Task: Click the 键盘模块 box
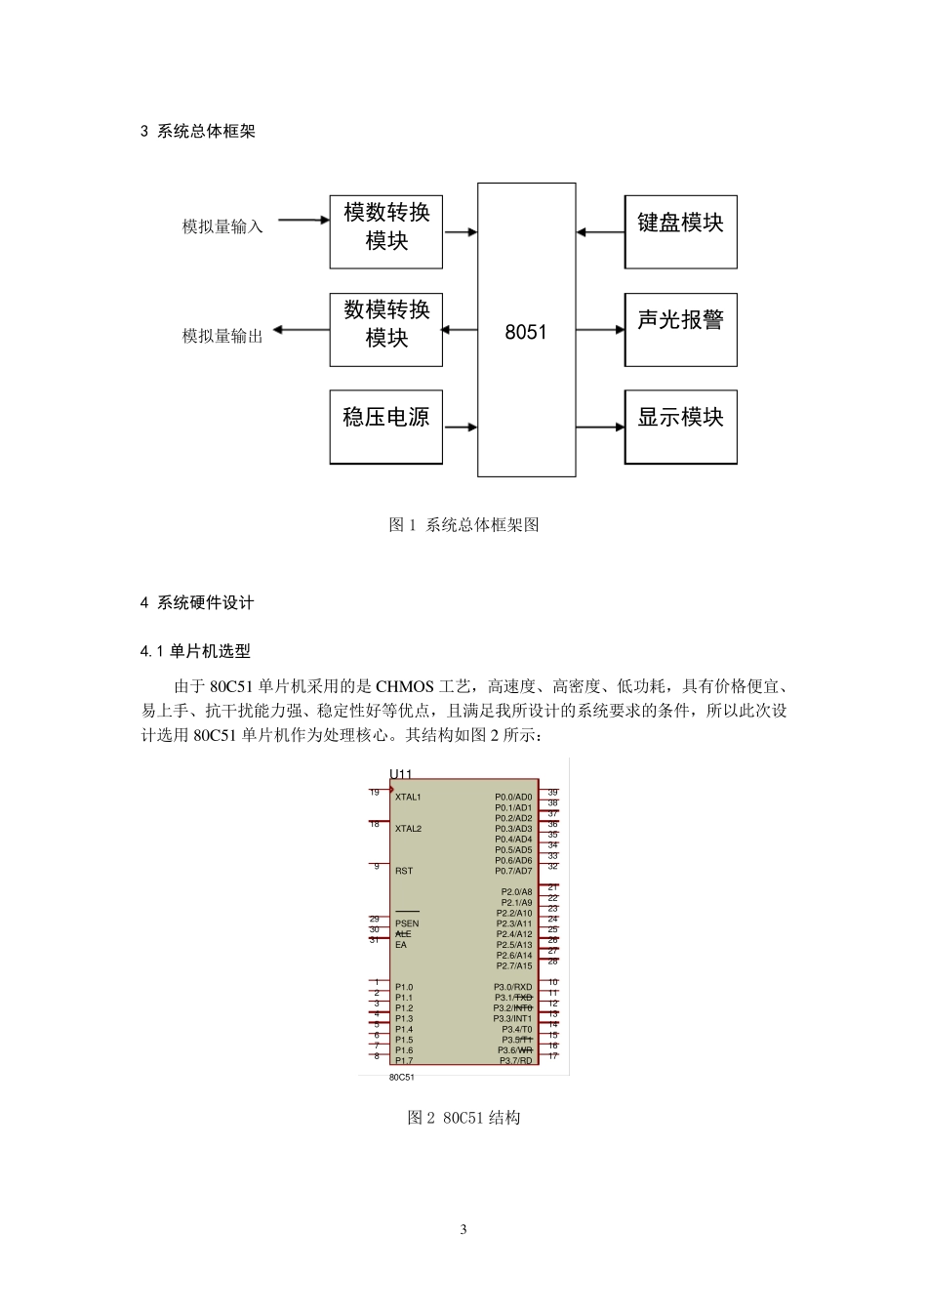(680, 231)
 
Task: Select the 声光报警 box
(680, 329)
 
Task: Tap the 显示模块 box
(680, 427)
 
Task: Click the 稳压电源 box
(385, 427)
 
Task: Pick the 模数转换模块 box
(385, 231)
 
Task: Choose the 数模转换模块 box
(385, 329)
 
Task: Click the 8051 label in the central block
(526, 332)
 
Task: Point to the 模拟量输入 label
(222, 226)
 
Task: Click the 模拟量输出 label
(222, 336)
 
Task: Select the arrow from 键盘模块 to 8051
(600, 232)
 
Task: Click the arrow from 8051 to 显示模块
(600, 427)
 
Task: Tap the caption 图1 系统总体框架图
(463, 524)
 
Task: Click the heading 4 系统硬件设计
(197, 602)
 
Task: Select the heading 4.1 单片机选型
(195, 651)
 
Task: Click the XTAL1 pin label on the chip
(408, 797)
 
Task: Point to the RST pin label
(404, 871)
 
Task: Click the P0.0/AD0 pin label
(513, 797)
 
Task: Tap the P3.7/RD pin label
(516, 1060)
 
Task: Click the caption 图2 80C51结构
(463, 1117)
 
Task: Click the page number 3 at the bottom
(463, 1229)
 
